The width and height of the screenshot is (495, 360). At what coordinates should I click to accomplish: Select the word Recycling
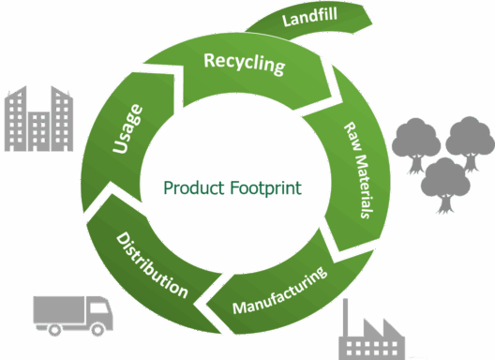coord(245,64)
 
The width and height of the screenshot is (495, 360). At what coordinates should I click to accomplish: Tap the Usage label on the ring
coord(127,128)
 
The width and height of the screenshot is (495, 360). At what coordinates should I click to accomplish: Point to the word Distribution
coord(152,265)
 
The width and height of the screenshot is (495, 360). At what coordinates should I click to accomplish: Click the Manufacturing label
coord(279,291)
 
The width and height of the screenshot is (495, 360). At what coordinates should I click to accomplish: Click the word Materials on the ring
coord(365,187)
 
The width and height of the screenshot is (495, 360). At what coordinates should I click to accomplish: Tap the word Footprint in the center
coord(266,187)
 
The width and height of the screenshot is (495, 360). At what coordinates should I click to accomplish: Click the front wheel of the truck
coord(97,330)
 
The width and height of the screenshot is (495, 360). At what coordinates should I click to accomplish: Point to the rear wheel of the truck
coord(54,330)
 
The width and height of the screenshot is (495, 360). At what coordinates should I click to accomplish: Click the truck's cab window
coord(99,307)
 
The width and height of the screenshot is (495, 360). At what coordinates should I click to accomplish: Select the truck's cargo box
coord(59,309)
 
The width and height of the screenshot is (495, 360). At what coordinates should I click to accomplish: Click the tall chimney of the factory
coord(346,318)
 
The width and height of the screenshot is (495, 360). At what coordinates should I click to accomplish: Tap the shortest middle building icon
coord(38,131)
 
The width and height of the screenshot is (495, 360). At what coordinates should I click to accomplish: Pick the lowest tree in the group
coord(445,186)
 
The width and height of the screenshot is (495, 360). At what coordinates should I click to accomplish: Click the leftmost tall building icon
coord(15,118)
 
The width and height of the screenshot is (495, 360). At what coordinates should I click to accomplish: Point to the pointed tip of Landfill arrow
coord(372,23)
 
